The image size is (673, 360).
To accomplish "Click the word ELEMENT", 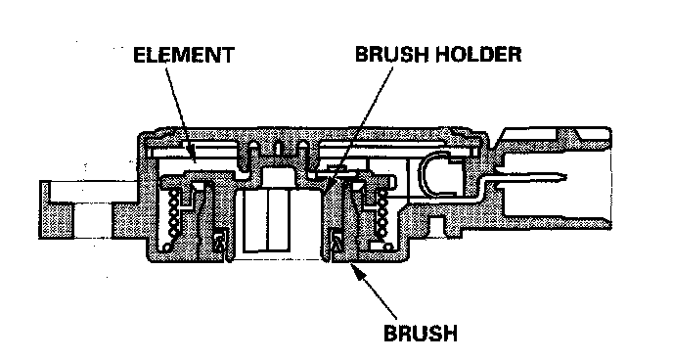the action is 184,55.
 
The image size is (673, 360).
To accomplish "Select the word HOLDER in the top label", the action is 478,54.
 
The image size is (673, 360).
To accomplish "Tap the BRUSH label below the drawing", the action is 421,333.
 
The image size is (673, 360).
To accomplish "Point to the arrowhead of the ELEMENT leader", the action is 193,157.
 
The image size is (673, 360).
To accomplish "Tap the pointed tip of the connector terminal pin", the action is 565,176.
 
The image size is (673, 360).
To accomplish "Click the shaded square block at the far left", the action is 57,219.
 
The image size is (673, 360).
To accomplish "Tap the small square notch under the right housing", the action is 436,224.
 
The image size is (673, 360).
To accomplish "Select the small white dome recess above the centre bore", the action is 277,177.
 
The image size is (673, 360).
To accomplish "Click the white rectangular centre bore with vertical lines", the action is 267,220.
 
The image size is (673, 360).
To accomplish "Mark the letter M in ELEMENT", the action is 185,55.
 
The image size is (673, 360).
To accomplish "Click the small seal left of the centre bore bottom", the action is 220,242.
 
